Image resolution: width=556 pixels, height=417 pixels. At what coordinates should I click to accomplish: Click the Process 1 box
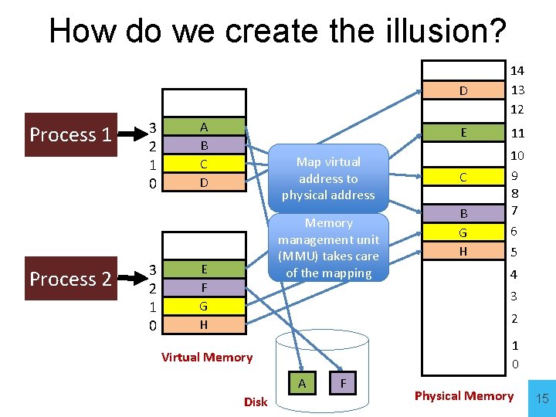(70, 135)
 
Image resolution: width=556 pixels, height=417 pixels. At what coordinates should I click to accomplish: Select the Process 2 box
(70, 279)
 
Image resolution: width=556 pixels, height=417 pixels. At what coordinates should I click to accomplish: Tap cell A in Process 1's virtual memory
(203, 127)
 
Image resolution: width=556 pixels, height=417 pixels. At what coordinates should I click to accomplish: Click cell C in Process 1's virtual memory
(203, 164)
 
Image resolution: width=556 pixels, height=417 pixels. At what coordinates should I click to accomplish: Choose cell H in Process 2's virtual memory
(203, 325)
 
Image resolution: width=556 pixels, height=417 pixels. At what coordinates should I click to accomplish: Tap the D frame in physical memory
(463, 91)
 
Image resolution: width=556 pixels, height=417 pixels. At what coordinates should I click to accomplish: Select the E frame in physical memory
(463, 132)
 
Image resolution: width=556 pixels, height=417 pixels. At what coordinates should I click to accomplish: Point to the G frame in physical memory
(463, 232)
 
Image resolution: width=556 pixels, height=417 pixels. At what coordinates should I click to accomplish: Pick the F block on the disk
(342, 383)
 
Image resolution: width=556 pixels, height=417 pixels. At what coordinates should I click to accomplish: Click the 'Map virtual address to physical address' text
(328, 178)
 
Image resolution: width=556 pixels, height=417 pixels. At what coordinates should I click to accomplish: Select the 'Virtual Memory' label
(207, 357)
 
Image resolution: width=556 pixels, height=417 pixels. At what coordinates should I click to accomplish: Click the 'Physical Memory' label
(463, 395)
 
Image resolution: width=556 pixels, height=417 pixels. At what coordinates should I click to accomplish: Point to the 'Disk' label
(256, 402)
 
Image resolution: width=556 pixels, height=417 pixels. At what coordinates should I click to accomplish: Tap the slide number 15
(542, 398)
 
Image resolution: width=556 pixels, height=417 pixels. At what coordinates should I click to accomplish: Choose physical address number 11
(517, 133)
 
